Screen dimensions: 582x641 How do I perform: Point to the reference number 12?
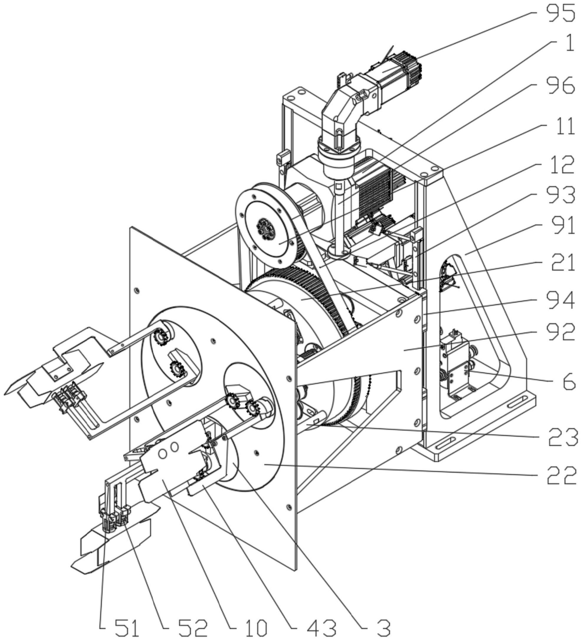point(559,164)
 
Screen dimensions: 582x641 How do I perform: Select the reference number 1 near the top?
point(569,43)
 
